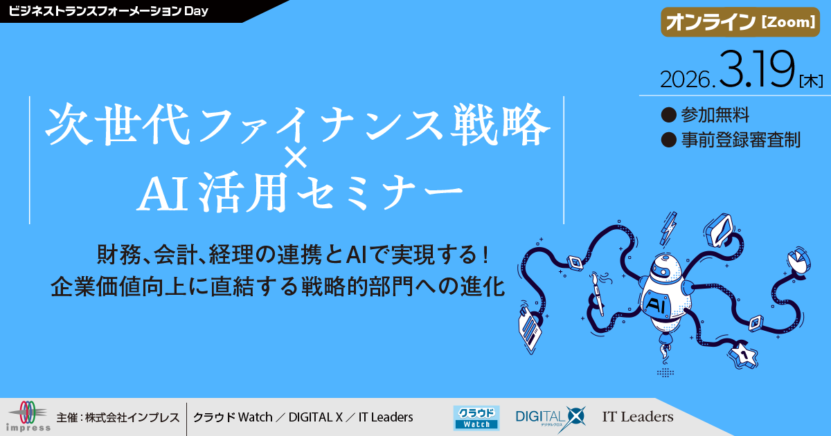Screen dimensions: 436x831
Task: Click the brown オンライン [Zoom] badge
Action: pyautogui.click(x=739, y=23)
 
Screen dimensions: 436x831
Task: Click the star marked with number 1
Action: pyautogui.click(x=743, y=355)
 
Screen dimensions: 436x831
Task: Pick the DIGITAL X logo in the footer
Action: pyautogui.click(x=551, y=417)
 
